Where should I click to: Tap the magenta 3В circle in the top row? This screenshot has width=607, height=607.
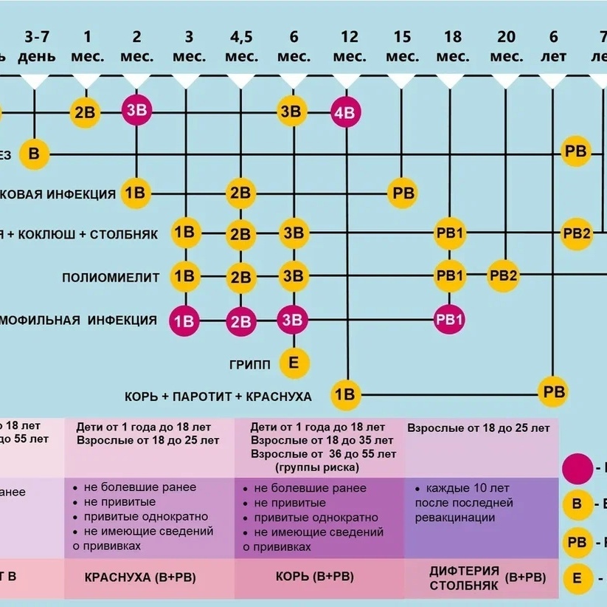(x=136, y=112)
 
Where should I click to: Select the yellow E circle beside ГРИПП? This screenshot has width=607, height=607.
(x=294, y=363)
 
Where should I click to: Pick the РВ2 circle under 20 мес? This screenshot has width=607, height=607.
(x=505, y=277)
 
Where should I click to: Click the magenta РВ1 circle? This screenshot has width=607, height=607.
(x=450, y=320)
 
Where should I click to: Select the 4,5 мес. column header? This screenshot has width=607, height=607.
(x=241, y=46)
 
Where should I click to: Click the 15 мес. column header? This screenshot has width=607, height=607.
(x=402, y=46)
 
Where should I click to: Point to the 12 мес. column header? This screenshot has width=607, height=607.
(x=350, y=46)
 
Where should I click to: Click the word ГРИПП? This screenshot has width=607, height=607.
(x=249, y=364)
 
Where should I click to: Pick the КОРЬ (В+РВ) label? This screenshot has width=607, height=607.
(x=314, y=577)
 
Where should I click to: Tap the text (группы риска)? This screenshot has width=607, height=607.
(x=318, y=467)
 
